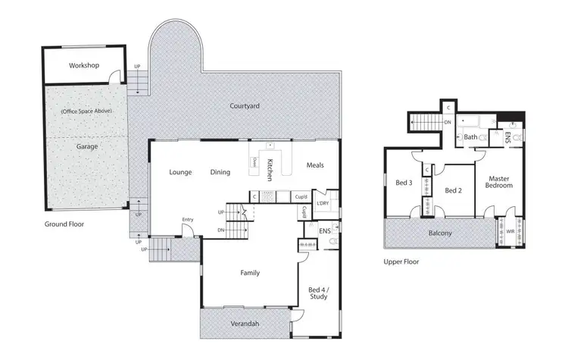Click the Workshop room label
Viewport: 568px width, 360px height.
coord(84,66)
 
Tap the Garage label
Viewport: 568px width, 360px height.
coord(86,146)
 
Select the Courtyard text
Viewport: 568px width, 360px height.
coord(245,106)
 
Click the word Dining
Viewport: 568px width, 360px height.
coord(220,172)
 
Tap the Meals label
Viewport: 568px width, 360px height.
coord(317,165)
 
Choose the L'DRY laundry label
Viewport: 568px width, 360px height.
coord(323,204)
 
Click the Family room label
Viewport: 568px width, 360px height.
coord(251,272)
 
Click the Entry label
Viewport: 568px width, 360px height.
coord(188,220)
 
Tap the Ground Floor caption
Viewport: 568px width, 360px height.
coord(64,224)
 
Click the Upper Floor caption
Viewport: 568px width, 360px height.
coord(401,261)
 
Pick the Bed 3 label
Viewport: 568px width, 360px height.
coord(404,183)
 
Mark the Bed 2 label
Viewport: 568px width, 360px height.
coord(453,190)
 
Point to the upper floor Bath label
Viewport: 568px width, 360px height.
coord(470,137)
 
